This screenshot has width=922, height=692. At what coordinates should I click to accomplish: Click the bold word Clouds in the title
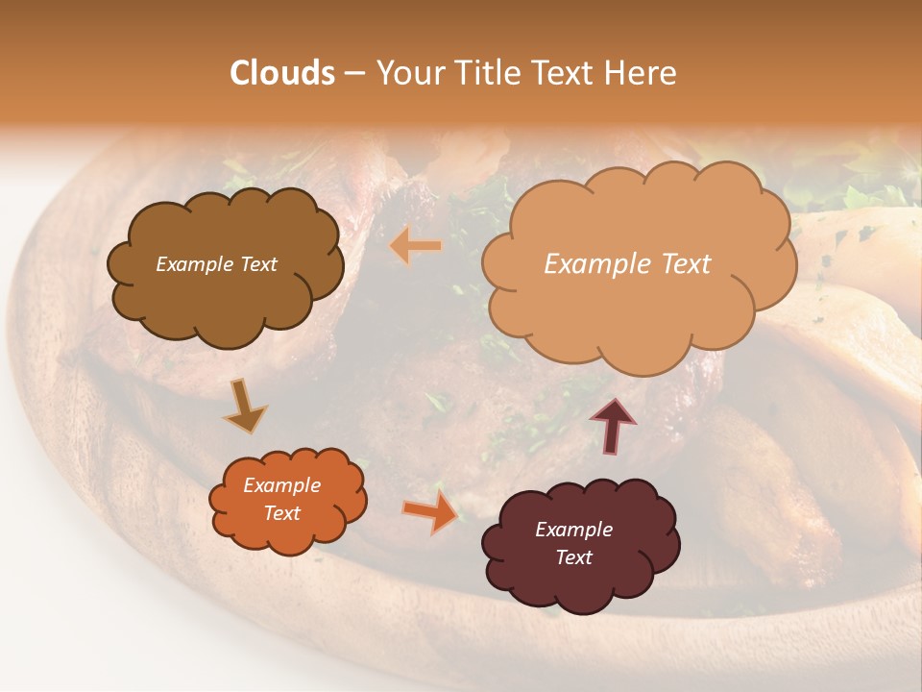pyautogui.click(x=282, y=73)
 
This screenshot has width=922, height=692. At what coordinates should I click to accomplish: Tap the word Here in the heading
pyautogui.click(x=642, y=73)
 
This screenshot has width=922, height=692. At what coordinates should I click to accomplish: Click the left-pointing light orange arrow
pyautogui.click(x=415, y=247)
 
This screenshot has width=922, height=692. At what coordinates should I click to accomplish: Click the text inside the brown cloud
pyautogui.click(x=216, y=264)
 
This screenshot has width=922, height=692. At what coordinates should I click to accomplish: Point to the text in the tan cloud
pyautogui.click(x=627, y=264)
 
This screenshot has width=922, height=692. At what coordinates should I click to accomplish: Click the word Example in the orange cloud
pyautogui.click(x=281, y=485)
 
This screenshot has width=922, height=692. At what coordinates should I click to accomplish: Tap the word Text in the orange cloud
pyautogui.click(x=281, y=513)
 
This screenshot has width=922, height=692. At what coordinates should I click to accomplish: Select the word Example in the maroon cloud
pyautogui.click(x=573, y=530)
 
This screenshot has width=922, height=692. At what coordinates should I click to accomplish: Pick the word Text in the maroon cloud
pyautogui.click(x=573, y=557)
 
